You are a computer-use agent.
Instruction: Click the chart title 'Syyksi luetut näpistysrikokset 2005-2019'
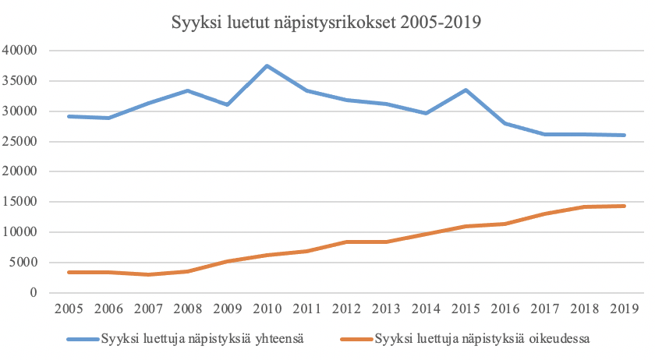(327, 23)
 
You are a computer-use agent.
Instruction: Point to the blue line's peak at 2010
(267, 65)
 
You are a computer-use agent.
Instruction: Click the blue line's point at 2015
(466, 90)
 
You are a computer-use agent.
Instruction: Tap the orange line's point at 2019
(624, 206)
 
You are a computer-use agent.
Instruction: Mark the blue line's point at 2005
(69, 116)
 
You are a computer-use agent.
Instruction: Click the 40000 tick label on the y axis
(22, 51)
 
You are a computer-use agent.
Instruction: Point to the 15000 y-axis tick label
(22, 202)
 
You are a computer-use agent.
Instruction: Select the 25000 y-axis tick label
(22, 141)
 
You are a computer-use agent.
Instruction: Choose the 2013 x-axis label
(386, 309)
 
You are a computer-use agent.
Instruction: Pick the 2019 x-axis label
(624, 309)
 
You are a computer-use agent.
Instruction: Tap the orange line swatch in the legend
(356, 340)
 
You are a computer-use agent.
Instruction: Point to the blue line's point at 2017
(544, 134)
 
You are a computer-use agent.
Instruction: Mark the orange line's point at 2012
(346, 242)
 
